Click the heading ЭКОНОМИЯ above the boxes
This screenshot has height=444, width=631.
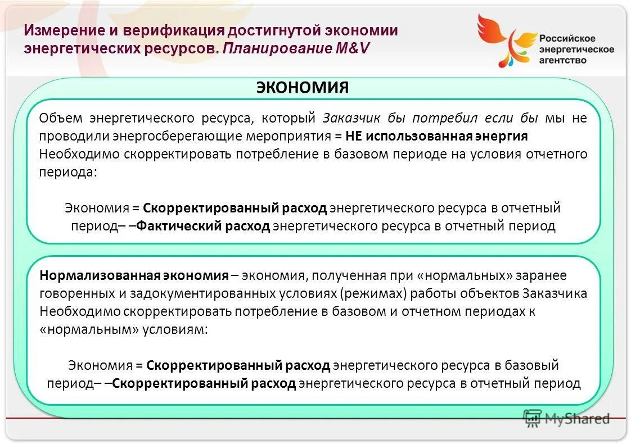pyautogui.click(x=302, y=88)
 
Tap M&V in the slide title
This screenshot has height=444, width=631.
pyautogui.click(x=353, y=48)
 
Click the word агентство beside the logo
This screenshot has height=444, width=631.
pyautogui.click(x=562, y=60)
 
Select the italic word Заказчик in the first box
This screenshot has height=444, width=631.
pyautogui.click(x=352, y=118)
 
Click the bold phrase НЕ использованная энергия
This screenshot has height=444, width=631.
pyautogui.click(x=436, y=136)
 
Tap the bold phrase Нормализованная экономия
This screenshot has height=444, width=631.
pyautogui.click(x=134, y=275)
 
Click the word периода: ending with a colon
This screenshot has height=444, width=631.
pyautogui.click(x=68, y=172)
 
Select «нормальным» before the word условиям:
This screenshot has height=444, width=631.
pyautogui.click(x=89, y=329)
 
